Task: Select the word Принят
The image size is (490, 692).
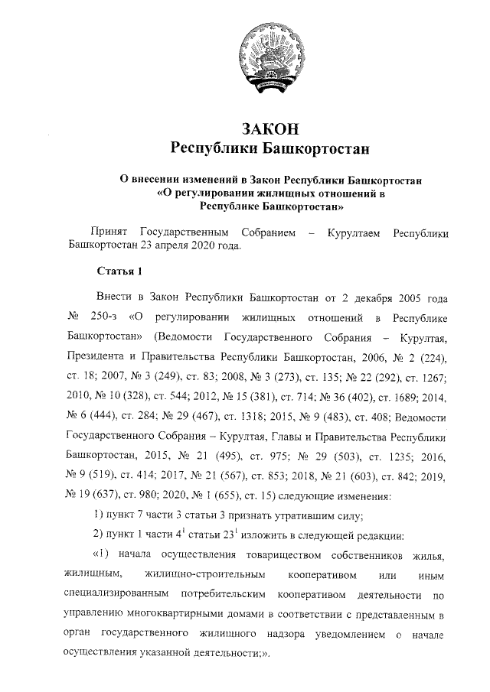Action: [x=109, y=232]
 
